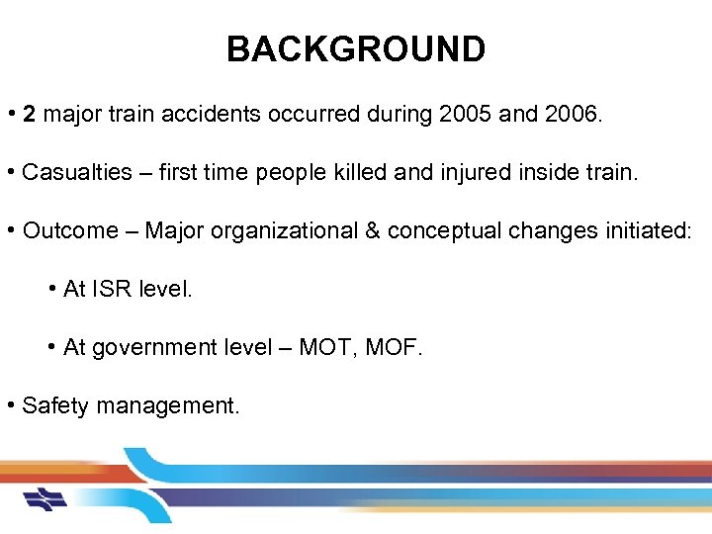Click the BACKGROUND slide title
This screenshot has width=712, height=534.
coord(356,48)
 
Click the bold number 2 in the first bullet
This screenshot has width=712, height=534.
coord(30,115)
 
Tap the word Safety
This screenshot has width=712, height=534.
coord(54,405)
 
